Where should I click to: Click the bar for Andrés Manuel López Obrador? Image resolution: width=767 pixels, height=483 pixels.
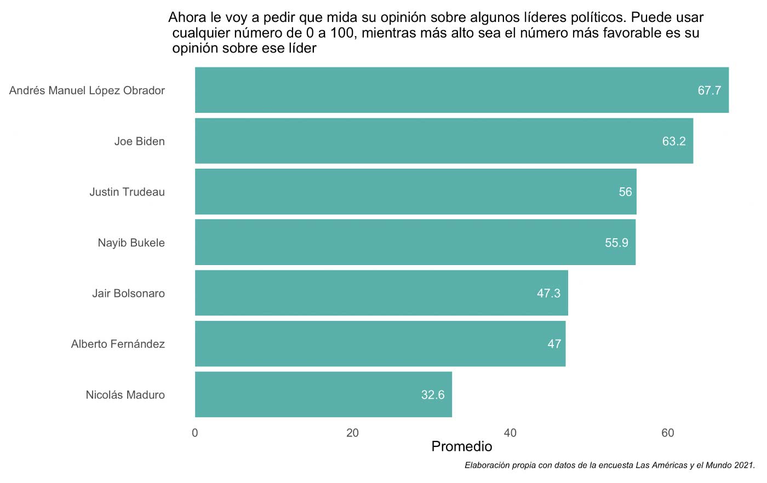pyautogui.click(x=461, y=90)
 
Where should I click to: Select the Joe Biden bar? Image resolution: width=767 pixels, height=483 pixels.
pyautogui.click(x=444, y=141)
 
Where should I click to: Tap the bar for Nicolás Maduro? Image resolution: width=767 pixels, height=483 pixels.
pyautogui.click(x=323, y=395)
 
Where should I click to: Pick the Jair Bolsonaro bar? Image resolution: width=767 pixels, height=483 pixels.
pyautogui.click(x=381, y=294)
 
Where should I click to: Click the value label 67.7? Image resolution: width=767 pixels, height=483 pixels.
pyautogui.click(x=709, y=91)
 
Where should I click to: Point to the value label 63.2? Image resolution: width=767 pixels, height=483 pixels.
pyautogui.click(x=673, y=142)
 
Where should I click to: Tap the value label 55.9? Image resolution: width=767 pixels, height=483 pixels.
pyautogui.click(x=616, y=243)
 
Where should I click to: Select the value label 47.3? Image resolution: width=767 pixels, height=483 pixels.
pyautogui.click(x=548, y=294)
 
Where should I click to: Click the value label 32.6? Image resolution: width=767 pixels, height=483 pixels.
pyautogui.click(x=432, y=395)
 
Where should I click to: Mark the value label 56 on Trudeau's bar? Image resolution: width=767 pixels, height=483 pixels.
pyautogui.click(x=625, y=192)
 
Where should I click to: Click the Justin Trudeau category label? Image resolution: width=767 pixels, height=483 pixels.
pyautogui.click(x=127, y=192)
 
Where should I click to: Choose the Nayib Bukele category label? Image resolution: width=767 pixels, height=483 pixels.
pyautogui.click(x=131, y=243)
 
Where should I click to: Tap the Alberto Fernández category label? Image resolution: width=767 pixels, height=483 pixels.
pyautogui.click(x=118, y=344)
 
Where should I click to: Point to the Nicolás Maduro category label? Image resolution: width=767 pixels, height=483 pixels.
pyautogui.click(x=125, y=395)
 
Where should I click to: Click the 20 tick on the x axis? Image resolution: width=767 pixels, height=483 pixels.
pyautogui.click(x=352, y=433)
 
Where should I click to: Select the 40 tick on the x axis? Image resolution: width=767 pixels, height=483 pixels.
pyautogui.click(x=510, y=433)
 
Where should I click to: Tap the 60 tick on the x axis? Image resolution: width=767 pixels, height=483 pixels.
pyautogui.click(x=667, y=433)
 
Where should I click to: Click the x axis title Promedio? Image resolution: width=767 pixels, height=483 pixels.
pyautogui.click(x=461, y=446)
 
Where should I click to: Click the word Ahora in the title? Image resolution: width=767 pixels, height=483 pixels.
pyautogui.click(x=187, y=18)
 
